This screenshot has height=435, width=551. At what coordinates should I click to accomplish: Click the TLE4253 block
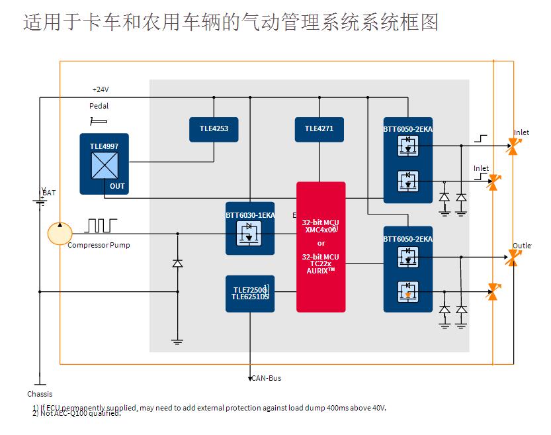(x=214, y=128)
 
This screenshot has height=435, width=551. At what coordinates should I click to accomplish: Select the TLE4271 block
(x=319, y=128)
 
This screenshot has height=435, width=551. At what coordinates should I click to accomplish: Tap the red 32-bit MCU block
(x=321, y=246)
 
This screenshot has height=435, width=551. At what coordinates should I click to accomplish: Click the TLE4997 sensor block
(x=104, y=164)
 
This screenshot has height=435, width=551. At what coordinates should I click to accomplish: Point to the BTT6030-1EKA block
(x=250, y=228)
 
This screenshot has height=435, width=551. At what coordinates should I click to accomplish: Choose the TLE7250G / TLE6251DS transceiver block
(x=250, y=293)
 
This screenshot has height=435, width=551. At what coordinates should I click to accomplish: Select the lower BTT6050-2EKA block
(x=408, y=268)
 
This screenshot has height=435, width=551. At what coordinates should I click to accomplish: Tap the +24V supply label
(x=101, y=89)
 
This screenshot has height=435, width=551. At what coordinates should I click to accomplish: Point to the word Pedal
(x=99, y=106)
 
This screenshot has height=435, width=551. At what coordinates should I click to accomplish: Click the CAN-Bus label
(x=266, y=378)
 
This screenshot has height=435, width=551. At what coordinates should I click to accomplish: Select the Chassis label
(x=40, y=394)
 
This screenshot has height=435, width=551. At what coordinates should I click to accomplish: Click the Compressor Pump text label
(x=99, y=245)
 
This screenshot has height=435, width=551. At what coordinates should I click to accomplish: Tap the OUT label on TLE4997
(x=117, y=186)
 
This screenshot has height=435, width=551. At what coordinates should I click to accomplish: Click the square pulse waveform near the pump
(x=101, y=225)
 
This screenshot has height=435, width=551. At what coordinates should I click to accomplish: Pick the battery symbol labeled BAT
(x=40, y=197)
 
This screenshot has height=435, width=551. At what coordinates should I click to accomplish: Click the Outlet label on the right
(x=521, y=246)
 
